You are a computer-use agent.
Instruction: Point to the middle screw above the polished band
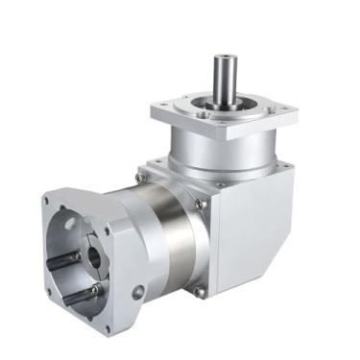[x=199, y=204]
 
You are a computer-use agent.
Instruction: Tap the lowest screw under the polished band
[x=198, y=292]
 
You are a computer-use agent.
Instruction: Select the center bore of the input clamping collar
[x=93, y=257]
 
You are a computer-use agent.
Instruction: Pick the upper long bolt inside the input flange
[x=67, y=257]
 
